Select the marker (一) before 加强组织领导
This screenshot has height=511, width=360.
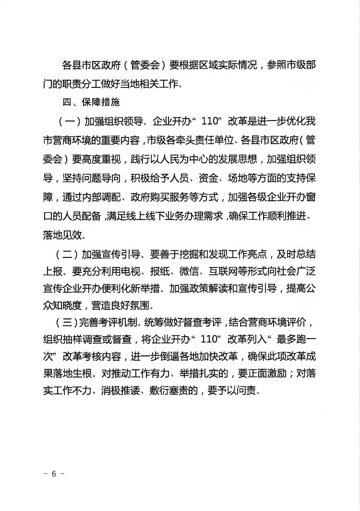click(66, 120)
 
